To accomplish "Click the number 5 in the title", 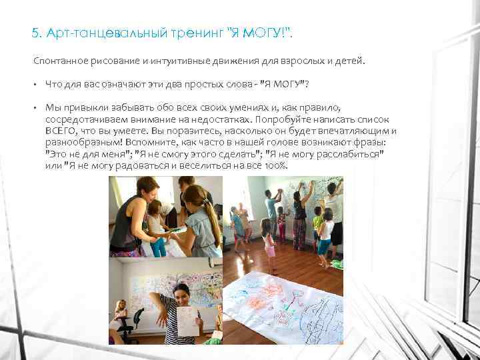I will [35, 33].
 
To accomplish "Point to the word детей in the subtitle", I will [350, 62].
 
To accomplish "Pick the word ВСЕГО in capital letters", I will [59, 131].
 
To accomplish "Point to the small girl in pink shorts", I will [269, 243].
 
